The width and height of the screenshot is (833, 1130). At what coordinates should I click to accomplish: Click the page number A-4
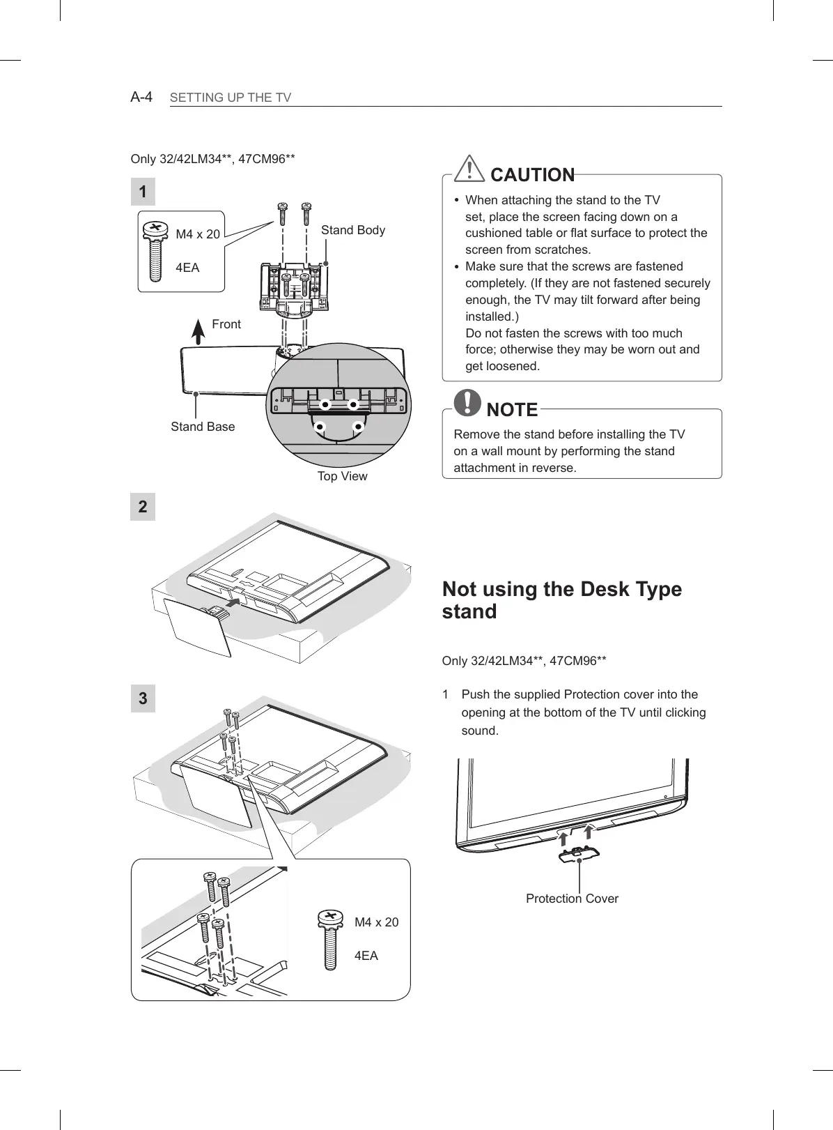point(141,96)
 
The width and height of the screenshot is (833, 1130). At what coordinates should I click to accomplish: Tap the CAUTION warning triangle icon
point(472,169)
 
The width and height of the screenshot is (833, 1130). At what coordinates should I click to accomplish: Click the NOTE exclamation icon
point(467,402)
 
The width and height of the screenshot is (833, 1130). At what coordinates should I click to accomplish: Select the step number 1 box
point(143,192)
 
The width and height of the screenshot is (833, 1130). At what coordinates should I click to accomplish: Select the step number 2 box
point(143,507)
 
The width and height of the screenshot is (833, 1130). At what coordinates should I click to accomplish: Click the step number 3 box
point(143,698)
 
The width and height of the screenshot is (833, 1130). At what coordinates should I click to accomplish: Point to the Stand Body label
point(352,230)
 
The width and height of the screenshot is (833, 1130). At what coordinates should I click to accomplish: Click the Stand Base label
point(203,427)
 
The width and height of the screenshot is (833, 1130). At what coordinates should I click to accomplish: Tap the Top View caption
point(342,476)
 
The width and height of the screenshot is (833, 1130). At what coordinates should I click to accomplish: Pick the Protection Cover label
point(572,899)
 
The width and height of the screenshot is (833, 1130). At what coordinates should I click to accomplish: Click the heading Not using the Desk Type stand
point(561,600)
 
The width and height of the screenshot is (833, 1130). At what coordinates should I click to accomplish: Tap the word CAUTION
point(533,175)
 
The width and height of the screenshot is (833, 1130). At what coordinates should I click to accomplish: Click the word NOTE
point(512,410)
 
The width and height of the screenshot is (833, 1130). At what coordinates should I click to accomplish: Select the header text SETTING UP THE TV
point(231,98)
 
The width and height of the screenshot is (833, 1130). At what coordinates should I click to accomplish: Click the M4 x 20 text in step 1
point(198,234)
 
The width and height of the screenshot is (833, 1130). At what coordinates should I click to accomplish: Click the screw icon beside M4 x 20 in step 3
point(330,938)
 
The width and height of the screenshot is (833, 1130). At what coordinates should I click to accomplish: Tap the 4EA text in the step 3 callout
point(366,956)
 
